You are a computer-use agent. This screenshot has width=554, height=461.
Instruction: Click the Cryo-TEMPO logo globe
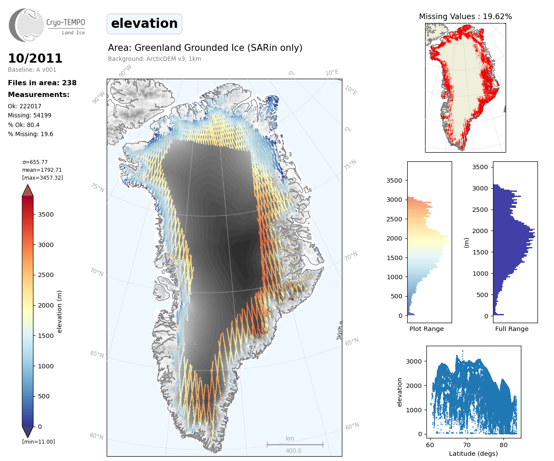click(27, 25)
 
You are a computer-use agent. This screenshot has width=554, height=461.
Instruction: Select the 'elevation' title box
click(144, 23)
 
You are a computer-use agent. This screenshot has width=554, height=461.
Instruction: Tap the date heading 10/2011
click(35, 58)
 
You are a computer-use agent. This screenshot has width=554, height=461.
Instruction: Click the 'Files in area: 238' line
click(42, 83)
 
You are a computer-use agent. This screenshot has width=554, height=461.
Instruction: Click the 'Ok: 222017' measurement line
click(25, 107)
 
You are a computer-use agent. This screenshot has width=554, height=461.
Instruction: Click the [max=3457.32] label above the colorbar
click(43, 178)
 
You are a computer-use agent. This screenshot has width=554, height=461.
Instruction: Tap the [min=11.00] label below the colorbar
click(39, 442)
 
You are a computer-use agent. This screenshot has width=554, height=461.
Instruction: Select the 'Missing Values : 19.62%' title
click(465, 17)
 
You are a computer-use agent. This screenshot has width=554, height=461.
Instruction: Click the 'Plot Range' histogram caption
click(426, 329)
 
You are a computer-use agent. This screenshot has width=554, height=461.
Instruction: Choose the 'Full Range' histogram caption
click(512, 329)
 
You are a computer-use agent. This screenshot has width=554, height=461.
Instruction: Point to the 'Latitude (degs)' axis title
click(473, 454)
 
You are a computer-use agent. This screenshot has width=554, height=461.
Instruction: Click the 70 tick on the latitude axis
click(467, 444)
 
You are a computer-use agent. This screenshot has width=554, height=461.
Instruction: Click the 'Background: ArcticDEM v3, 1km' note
click(155, 59)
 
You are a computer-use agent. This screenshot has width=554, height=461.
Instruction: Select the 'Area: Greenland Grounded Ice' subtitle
click(205, 48)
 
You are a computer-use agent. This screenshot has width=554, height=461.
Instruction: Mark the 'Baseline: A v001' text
click(32, 70)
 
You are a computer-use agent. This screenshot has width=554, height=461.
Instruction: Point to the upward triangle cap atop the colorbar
click(28, 190)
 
